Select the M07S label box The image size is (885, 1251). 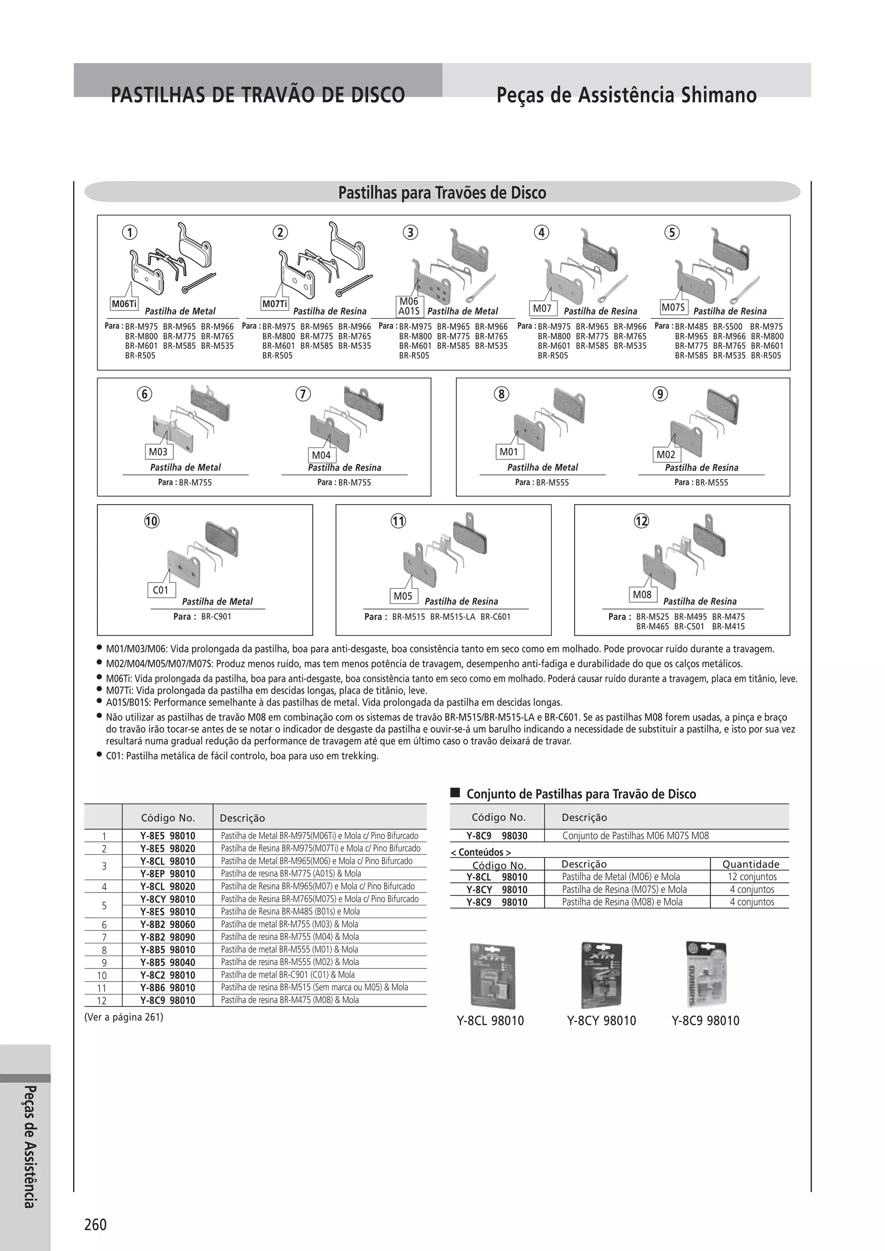coord(673,307)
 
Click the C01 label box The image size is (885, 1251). coord(161,590)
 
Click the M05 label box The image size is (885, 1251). coord(403,596)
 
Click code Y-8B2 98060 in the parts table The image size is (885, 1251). coord(167,924)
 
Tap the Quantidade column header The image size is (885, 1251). coord(751,864)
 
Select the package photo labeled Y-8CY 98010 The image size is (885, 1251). coord(601,975)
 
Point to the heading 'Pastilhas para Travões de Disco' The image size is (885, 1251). coord(442,192)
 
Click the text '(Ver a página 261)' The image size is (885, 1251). coord(124,1017)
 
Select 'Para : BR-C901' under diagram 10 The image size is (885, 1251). coord(202,617)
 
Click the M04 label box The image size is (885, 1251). coord(321,455)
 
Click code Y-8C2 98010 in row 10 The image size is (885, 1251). coord(167,975)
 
